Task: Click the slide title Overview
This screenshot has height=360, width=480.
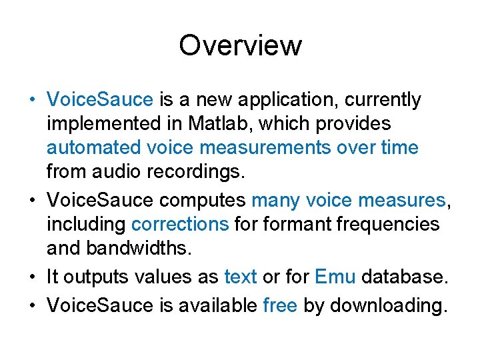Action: tap(240, 46)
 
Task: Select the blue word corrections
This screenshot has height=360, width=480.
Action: tap(180, 225)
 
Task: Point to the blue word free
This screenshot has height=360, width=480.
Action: tap(280, 306)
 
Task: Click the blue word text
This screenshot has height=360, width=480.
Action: tap(241, 275)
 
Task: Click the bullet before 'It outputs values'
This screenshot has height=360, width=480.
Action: tap(33, 275)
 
